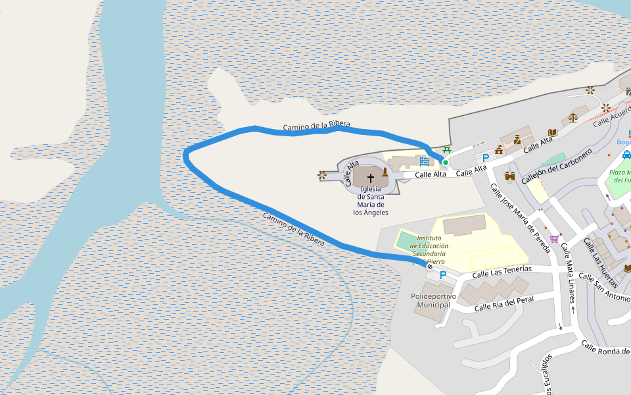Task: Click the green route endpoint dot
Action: pos(445,163)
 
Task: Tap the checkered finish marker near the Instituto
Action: pos(429,267)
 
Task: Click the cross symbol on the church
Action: pos(371,178)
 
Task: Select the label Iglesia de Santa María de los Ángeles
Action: pos(371,200)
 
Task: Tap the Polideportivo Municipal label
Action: pos(433,301)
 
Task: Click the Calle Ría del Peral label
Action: pos(503,303)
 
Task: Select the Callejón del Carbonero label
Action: pos(556,166)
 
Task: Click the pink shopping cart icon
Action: pos(554,238)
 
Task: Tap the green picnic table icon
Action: pos(448,151)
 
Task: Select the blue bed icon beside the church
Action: pos(425,161)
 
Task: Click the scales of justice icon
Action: pos(573,118)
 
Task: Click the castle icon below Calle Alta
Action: pos(509,176)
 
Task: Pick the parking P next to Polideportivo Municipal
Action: pos(442,275)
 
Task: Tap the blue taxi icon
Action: pos(626,155)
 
